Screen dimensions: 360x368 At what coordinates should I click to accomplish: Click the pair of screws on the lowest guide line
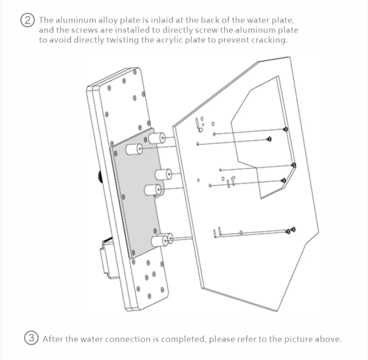pyautogui.click(x=291, y=231)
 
